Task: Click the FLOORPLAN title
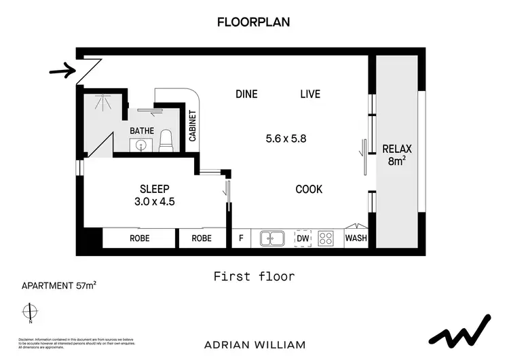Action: tap(254, 22)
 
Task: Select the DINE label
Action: tap(246, 94)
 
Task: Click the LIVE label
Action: tap(310, 94)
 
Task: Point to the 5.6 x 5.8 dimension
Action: tap(286, 138)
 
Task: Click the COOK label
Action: tap(309, 190)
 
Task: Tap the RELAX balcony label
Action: tap(397, 155)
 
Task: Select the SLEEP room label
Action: tap(155, 188)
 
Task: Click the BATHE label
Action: tap(142, 130)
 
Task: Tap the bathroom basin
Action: tap(142, 144)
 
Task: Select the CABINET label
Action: tap(192, 126)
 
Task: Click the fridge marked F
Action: tap(241, 238)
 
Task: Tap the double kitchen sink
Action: tap(274, 238)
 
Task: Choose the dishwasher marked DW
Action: tap(303, 238)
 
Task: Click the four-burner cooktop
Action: tap(326, 238)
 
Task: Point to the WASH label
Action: tap(356, 238)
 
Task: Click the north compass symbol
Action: tap(29, 312)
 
